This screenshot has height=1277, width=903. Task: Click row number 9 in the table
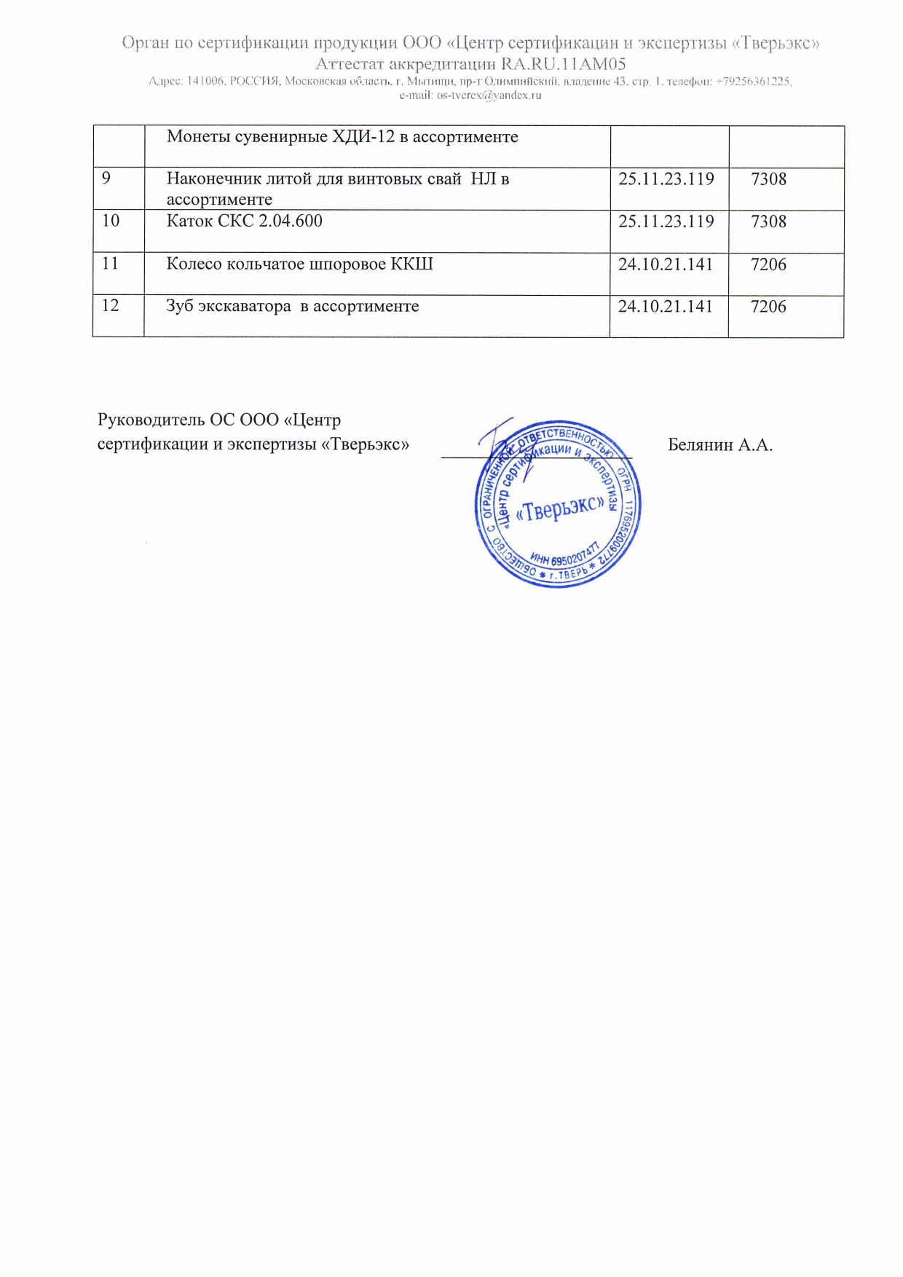click(106, 179)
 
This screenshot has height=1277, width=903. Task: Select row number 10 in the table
click(111, 221)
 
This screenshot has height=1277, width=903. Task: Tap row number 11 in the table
click(110, 263)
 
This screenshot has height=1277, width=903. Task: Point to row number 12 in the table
click(110, 305)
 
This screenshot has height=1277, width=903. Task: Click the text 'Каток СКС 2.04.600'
click(244, 221)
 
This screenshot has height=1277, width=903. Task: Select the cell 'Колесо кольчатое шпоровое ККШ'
click(299, 264)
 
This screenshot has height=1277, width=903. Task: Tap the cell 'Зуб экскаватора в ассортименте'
click(292, 306)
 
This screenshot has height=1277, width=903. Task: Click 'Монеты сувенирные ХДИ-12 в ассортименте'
click(342, 137)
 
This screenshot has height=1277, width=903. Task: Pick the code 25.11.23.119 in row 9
click(666, 179)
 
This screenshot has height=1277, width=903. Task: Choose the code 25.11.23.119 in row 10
click(666, 221)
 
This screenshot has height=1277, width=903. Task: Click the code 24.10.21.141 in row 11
click(665, 264)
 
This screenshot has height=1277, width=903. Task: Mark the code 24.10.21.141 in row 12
click(665, 307)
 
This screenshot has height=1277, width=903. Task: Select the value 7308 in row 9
click(768, 179)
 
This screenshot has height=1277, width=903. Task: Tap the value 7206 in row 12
click(768, 307)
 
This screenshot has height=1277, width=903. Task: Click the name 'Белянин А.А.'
click(719, 445)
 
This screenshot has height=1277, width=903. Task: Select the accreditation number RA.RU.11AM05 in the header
click(563, 64)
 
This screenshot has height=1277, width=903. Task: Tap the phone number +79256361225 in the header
click(753, 82)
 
